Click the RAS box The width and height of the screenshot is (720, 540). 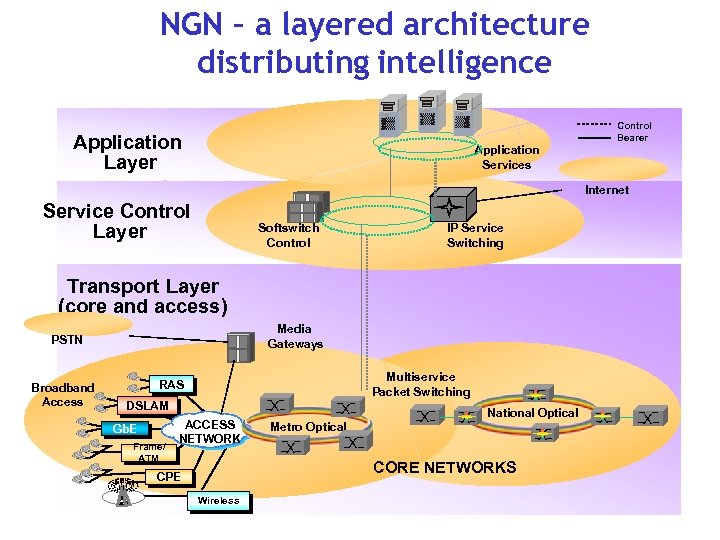tap(171, 384)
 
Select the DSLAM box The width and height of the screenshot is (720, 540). tap(147, 406)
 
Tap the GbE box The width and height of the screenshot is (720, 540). tap(124, 429)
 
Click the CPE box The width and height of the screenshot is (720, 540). tap(169, 477)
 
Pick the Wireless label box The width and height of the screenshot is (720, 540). tap(219, 500)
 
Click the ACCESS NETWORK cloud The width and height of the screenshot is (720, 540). tap(210, 431)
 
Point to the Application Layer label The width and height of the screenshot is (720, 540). tap(128, 152)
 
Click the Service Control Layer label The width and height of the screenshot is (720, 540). tap(117, 221)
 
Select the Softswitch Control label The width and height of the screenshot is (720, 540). tap(288, 235)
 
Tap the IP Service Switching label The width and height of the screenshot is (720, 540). tap(475, 235)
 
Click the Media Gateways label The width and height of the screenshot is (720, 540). tap(295, 336)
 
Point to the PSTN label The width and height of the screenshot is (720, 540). tap(67, 340)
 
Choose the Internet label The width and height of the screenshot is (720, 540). tap(606, 190)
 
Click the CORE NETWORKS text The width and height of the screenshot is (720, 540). tap(444, 467)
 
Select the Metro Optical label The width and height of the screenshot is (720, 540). tap(308, 427)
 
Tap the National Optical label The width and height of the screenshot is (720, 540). tap(532, 412)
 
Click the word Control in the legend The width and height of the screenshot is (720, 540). tap(634, 126)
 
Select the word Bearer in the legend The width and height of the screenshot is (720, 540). tap(632, 138)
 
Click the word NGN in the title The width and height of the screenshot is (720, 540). tap(196, 24)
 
